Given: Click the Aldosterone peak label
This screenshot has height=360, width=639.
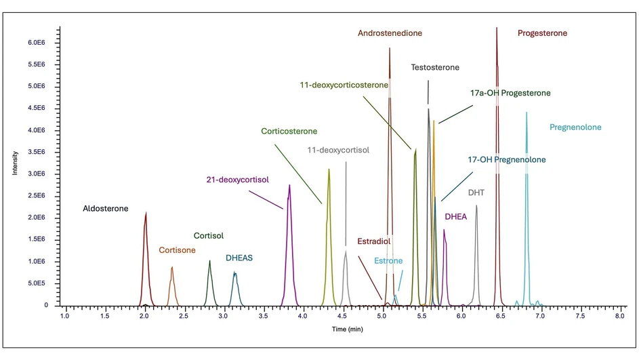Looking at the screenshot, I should coord(105,209).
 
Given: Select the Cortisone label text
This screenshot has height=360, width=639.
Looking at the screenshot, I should coord(177,250).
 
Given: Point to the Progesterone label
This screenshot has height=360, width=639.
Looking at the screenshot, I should coord(542,33).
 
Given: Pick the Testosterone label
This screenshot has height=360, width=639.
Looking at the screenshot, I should coord(435,68).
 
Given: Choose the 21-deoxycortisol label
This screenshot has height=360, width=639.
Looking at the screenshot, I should coord(238,180).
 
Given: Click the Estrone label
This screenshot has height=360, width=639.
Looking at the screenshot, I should coord(388,261).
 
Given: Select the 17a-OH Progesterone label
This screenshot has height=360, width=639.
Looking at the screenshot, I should coord(510,93).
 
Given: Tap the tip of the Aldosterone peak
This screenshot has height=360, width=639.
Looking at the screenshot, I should coord(146,213).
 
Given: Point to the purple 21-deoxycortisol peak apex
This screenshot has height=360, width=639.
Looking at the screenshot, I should coord(289,185).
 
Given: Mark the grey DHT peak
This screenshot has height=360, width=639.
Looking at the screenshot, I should coord(476,206).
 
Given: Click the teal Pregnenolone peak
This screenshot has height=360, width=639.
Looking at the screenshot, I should coord(527,113).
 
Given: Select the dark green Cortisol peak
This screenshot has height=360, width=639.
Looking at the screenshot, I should coord(210,261).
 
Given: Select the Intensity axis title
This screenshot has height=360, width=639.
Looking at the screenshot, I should coord(15,163).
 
